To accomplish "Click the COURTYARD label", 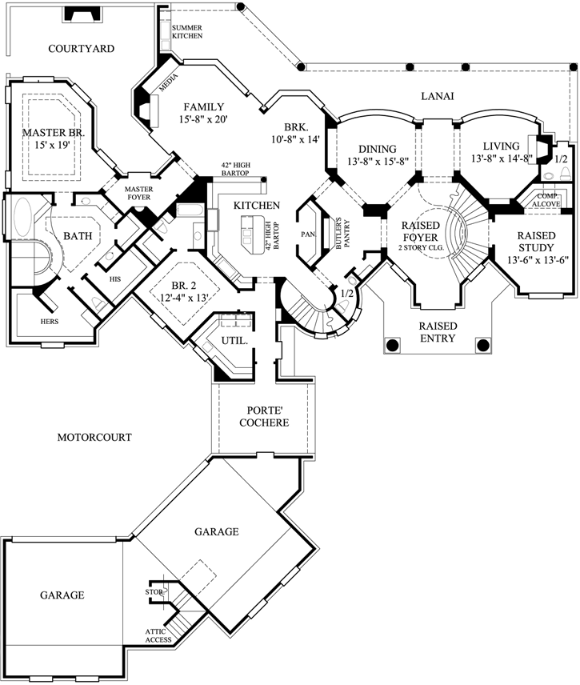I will (x=81, y=49).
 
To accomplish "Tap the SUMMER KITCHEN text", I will (x=187, y=32).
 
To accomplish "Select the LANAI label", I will (x=438, y=96).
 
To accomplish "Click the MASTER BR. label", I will (x=53, y=133).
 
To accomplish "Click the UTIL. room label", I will (x=234, y=341).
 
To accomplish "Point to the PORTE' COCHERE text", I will (x=257, y=416).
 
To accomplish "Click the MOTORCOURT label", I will (x=94, y=438).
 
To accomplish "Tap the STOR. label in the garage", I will (x=154, y=593).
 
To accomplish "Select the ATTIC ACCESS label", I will (x=158, y=635).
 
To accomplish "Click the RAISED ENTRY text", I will (x=438, y=332).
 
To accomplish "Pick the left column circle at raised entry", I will (x=393, y=345).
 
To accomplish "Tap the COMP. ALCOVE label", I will (x=548, y=199).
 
